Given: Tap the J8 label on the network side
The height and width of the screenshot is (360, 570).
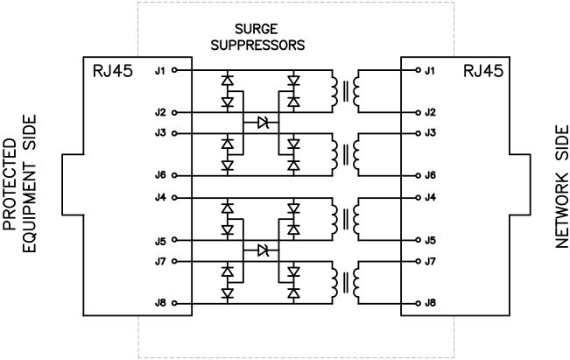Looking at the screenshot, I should pos(430,303).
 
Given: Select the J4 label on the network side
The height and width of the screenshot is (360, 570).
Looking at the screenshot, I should pos(430,197).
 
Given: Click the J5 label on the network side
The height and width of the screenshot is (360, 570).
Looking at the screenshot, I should pos(430,239).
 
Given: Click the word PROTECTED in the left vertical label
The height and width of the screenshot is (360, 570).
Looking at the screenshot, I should pos(11,180).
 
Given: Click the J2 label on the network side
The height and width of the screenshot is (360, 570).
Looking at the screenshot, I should pos(430,112).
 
